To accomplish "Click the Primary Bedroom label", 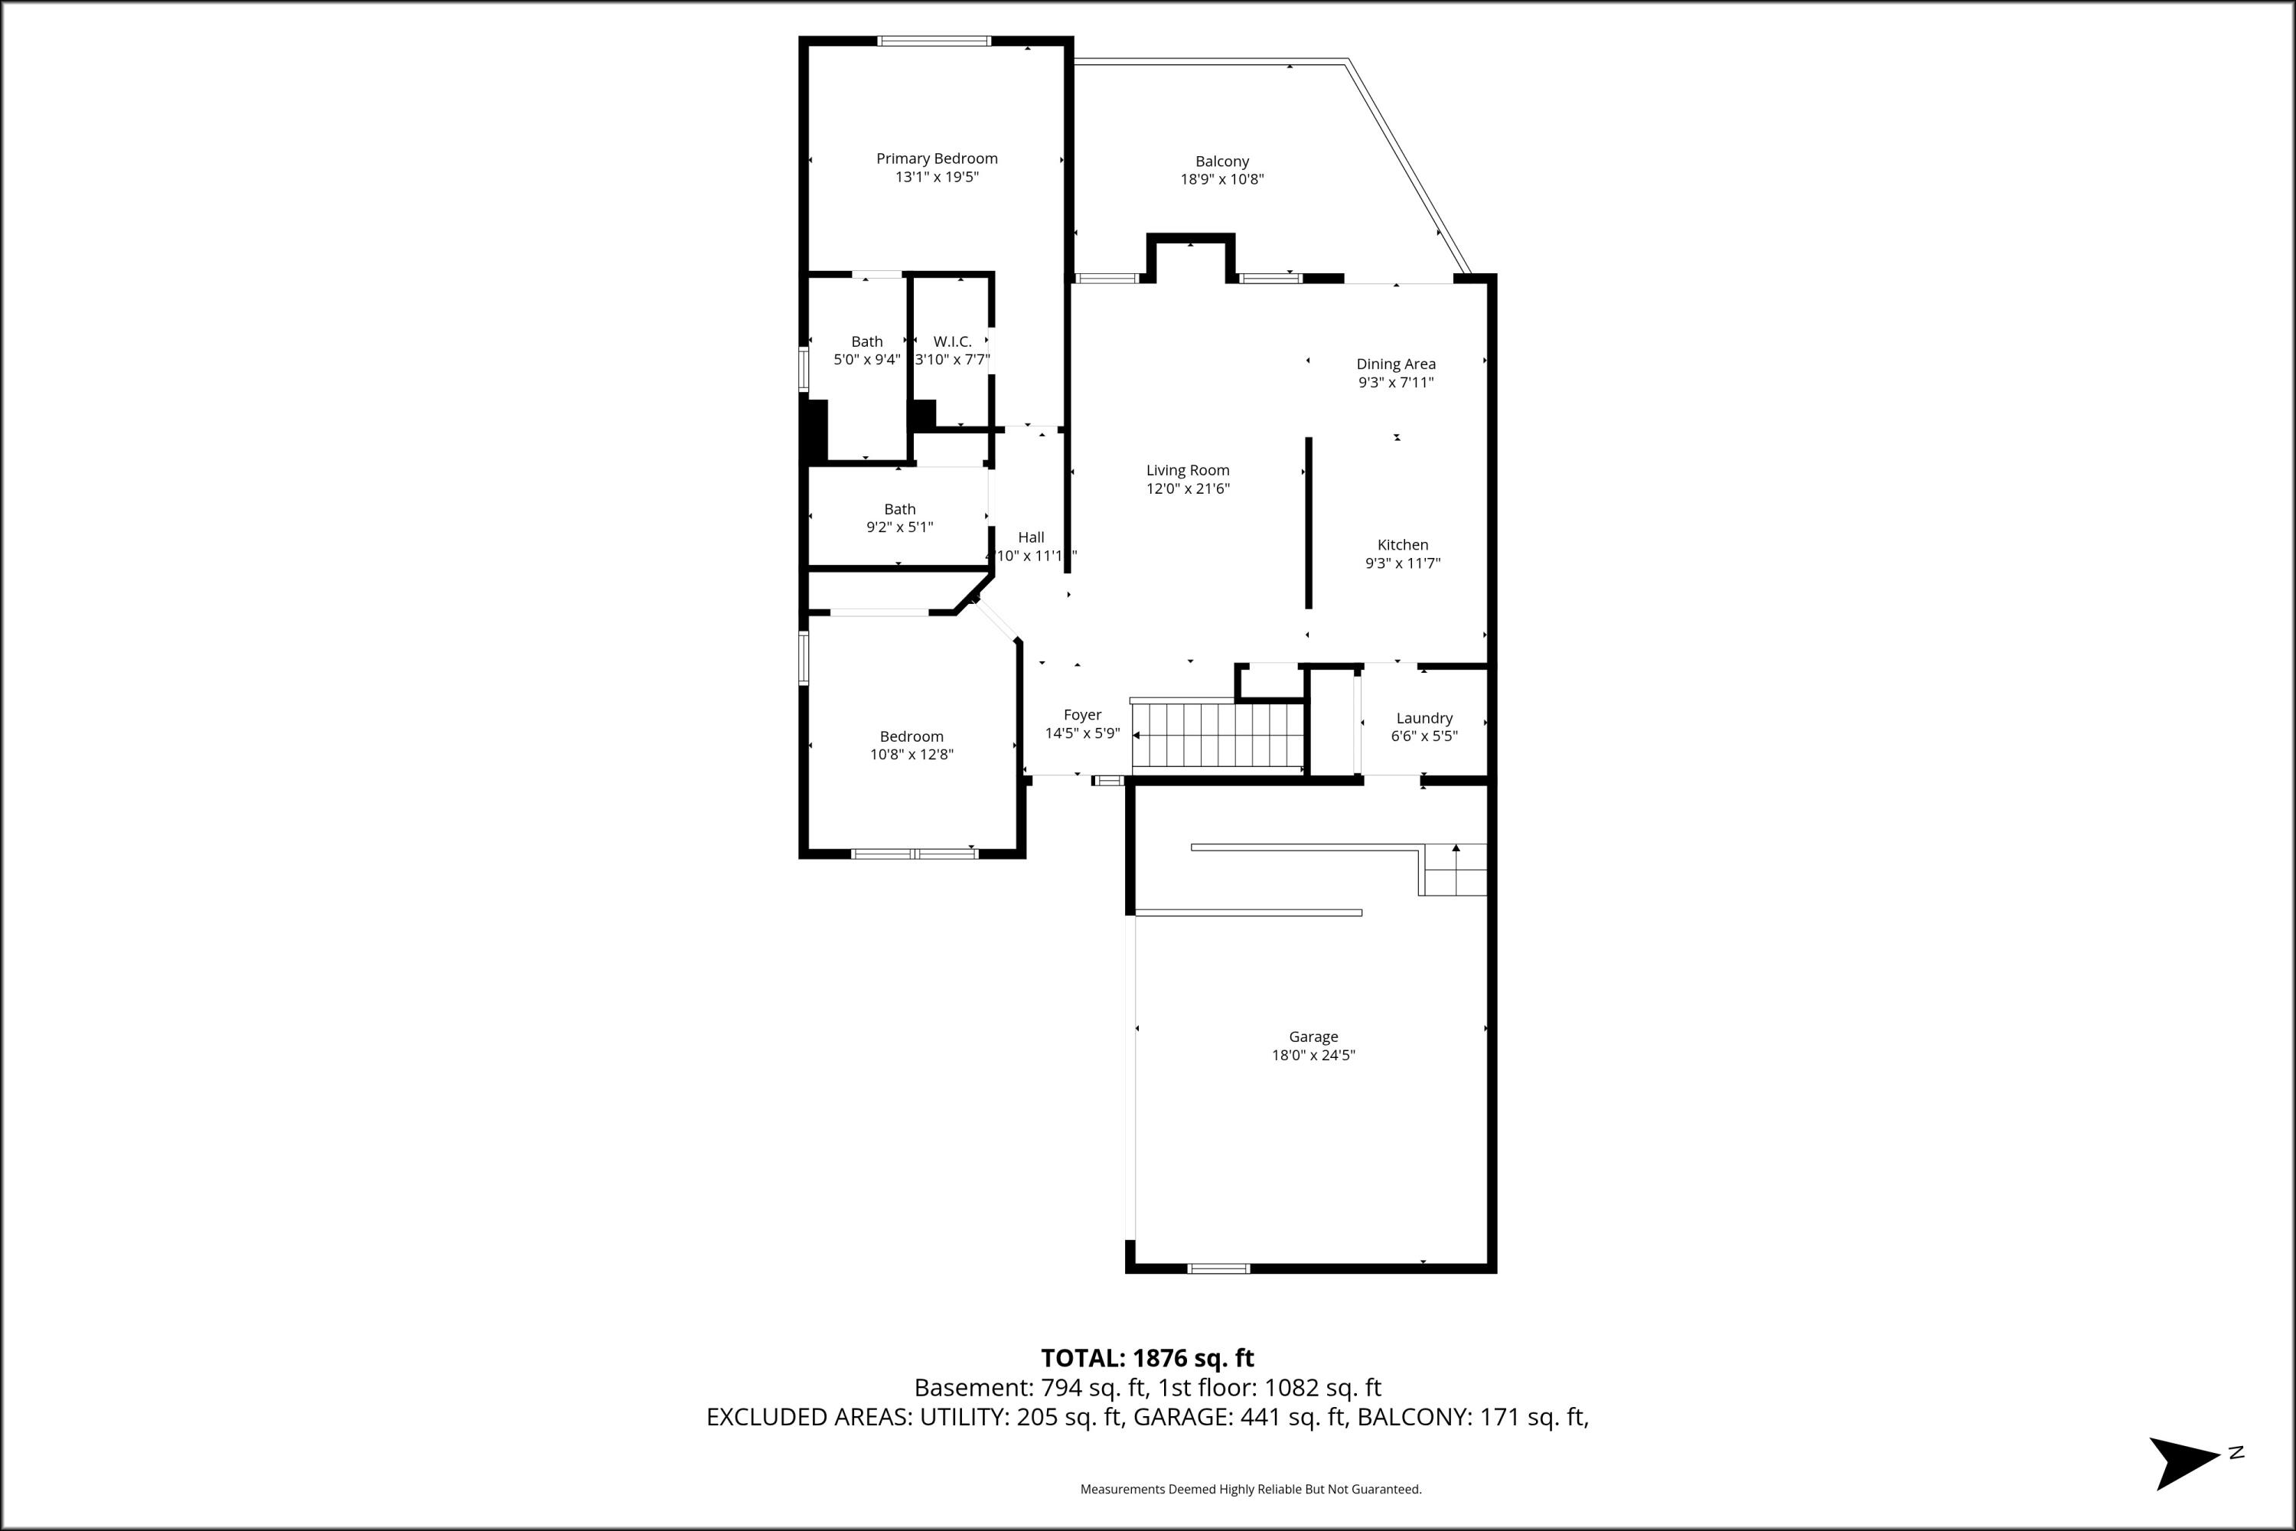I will (x=936, y=158).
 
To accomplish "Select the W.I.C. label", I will (x=952, y=341).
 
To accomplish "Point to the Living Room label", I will (x=1187, y=471).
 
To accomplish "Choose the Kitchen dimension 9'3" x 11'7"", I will (x=1402, y=563).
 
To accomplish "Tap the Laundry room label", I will (x=1424, y=719).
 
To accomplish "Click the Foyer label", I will (x=1081, y=716).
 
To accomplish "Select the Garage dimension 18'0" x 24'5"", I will (x=1313, y=1056).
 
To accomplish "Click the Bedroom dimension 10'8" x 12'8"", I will (x=911, y=755).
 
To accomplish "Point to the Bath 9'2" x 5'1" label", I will (x=899, y=510).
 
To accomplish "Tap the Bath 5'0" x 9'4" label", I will (x=866, y=341).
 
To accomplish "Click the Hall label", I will (x=1031, y=538).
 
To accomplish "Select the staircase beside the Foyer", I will (x=1218, y=734).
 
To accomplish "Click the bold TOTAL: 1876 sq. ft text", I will (x=1147, y=1358).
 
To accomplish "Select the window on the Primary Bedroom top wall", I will (x=934, y=41).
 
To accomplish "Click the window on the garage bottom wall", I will (x=1218, y=1268).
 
